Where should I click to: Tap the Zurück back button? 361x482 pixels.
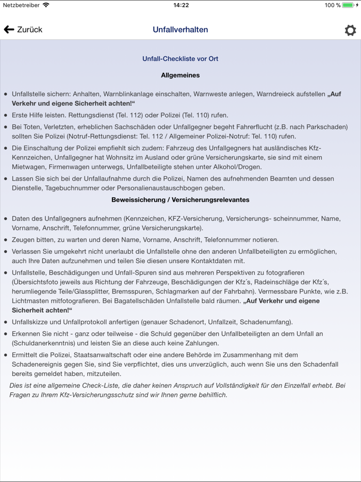point(23,30)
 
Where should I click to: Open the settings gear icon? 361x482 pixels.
point(350,30)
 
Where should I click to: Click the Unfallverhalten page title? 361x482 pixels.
point(180,30)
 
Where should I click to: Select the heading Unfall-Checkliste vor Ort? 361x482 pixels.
point(180,59)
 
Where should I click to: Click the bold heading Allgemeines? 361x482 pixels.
point(180,75)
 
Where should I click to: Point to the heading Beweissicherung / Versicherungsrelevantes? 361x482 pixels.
point(180,200)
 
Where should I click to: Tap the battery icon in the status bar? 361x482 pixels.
point(350,5)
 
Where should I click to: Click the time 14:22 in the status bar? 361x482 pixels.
point(180,5)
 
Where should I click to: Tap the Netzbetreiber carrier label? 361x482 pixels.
point(21,5)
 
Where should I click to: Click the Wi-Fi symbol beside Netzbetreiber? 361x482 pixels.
point(46,5)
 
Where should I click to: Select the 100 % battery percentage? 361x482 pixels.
point(332,5)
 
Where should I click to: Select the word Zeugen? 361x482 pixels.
point(24,240)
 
